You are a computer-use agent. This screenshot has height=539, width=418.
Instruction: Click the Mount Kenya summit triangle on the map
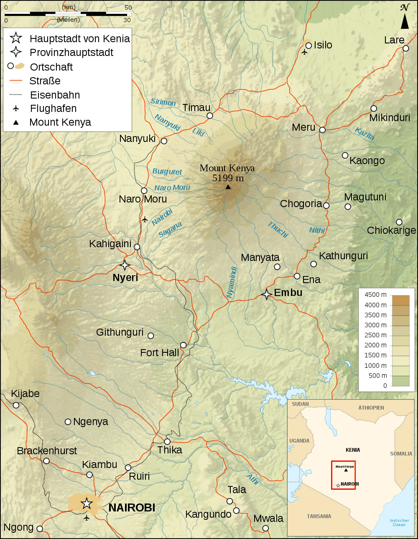228,187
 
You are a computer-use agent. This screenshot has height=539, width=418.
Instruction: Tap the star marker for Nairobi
87,503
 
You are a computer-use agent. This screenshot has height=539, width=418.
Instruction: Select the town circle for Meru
322,130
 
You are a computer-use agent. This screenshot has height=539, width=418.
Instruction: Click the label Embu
288,293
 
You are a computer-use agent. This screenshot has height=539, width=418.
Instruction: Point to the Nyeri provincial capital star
125,265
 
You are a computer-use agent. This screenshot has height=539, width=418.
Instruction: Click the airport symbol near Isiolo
304,52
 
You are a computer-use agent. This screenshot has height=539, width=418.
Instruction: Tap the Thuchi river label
278,230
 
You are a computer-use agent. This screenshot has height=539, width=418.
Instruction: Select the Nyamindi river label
232,282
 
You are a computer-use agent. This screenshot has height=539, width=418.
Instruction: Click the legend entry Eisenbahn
55,95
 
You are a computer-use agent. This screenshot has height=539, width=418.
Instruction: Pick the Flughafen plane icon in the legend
16,109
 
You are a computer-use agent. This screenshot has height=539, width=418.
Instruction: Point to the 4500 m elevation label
375,295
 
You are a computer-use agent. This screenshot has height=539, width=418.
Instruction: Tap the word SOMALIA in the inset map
401,453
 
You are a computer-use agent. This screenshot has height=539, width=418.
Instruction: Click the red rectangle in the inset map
343,475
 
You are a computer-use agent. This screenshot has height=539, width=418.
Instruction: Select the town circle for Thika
167,441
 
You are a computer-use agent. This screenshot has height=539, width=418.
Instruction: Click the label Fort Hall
160,353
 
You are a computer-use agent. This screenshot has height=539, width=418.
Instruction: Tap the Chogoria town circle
326,205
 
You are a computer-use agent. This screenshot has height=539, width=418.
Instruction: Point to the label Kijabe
25,394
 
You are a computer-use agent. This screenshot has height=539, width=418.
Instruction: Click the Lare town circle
405,48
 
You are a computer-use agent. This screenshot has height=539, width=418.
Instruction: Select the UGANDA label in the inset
299,440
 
